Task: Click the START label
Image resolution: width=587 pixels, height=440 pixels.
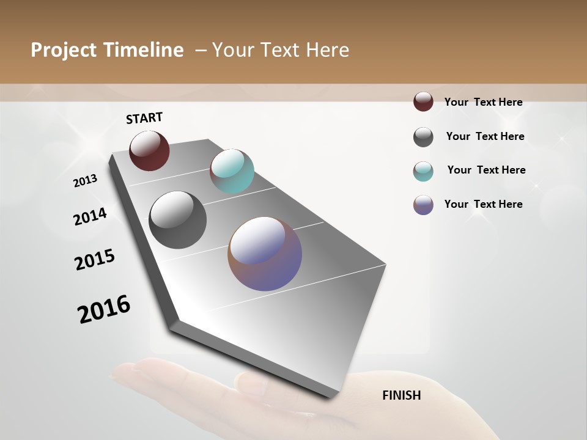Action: pyautogui.click(x=144, y=118)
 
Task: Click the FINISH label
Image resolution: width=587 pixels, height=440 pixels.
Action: pyautogui.click(x=401, y=395)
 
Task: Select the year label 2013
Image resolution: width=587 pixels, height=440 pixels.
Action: pyautogui.click(x=85, y=181)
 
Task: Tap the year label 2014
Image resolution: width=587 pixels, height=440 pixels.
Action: pyautogui.click(x=90, y=217)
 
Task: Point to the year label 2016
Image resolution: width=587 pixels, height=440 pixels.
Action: pyautogui.click(x=104, y=309)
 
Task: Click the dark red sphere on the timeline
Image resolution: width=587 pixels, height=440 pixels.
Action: pyautogui.click(x=149, y=150)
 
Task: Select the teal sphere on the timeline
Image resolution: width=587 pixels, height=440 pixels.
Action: pyautogui.click(x=232, y=171)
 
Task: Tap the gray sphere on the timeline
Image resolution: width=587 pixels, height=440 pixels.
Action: pyautogui.click(x=177, y=220)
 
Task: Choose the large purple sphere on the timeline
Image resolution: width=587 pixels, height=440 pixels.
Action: pyautogui.click(x=265, y=254)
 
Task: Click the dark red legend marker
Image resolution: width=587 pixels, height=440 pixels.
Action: pyautogui.click(x=423, y=101)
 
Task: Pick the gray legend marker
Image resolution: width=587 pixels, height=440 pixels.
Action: pyautogui.click(x=423, y=137)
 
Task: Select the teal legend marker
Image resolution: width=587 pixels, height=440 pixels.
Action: pyautogui.click(x=423, y=171)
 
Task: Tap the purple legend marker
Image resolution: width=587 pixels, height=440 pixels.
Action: pyautogui.click(x=423, y=205)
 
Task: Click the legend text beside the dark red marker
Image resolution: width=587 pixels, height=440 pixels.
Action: pyautogui.click(x=483, y=102)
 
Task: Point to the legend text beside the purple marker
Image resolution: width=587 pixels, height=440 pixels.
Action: pyautogui.click(x=483, y=204)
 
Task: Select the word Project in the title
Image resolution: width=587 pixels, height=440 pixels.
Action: pyautogui.click(x=64, y=50)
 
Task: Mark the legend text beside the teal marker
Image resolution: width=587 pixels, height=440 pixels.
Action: pyautogui.click(x=486, y=170)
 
